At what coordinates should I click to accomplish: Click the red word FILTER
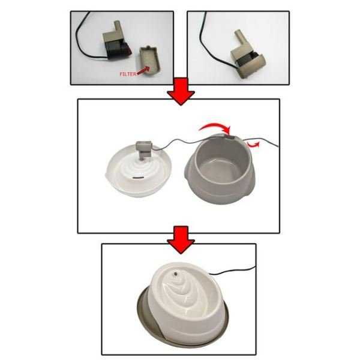(x=128, y=74)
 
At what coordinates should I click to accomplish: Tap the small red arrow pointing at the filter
(x=143, y=70)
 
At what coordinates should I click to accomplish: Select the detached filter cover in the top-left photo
(x=149, y=61)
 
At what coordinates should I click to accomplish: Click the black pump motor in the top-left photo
(x=118, y=51)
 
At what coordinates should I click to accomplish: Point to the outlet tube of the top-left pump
(x=118, y=26)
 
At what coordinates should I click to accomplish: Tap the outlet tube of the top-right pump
(x=239, y=36)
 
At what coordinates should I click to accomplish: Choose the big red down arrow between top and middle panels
(x=181, y=91)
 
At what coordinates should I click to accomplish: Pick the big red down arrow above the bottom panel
(x=181, y=239)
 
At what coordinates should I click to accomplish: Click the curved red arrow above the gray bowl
(x=215, y=126)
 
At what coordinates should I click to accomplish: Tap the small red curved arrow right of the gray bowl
(x=253, y=145)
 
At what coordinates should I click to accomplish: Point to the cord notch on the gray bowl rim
(x=230, y=137)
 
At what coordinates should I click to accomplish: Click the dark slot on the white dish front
(x=137, y=178)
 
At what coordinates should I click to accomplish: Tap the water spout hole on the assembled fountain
(x=176, y=274)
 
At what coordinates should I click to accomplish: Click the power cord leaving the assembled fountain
(x=232, y=271)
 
